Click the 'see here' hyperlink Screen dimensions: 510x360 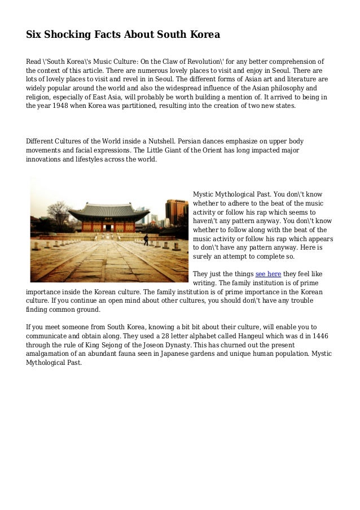(268, 274)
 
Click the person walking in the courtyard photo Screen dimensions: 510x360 (146, 239)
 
